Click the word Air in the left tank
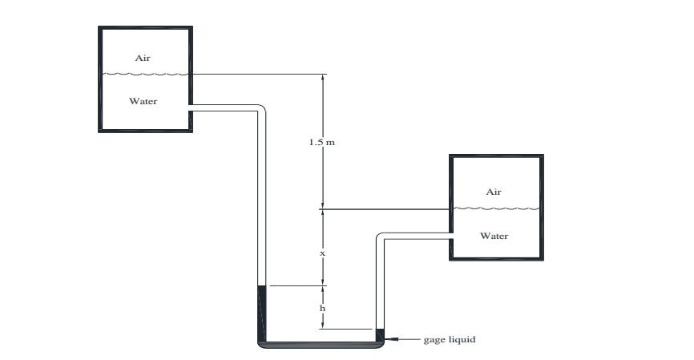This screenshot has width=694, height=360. pos(143,58)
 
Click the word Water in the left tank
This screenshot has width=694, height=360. pos(143,101)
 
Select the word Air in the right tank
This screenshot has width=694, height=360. pos(494,192)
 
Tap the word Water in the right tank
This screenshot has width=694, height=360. pos(494,236)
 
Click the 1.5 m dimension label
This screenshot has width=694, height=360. pos(321,142)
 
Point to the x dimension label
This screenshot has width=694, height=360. pos(322,253)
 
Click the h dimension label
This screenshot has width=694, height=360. pos(322,308)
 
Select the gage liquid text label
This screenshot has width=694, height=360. pos(449,339)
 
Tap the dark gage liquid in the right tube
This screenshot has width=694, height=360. pos(380,334)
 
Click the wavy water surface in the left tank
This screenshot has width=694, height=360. pos(144,74)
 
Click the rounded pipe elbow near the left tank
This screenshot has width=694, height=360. pos(260,111)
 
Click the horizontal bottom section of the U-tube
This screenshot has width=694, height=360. pos(321,345)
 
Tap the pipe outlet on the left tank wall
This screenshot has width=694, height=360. pos(191,108)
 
